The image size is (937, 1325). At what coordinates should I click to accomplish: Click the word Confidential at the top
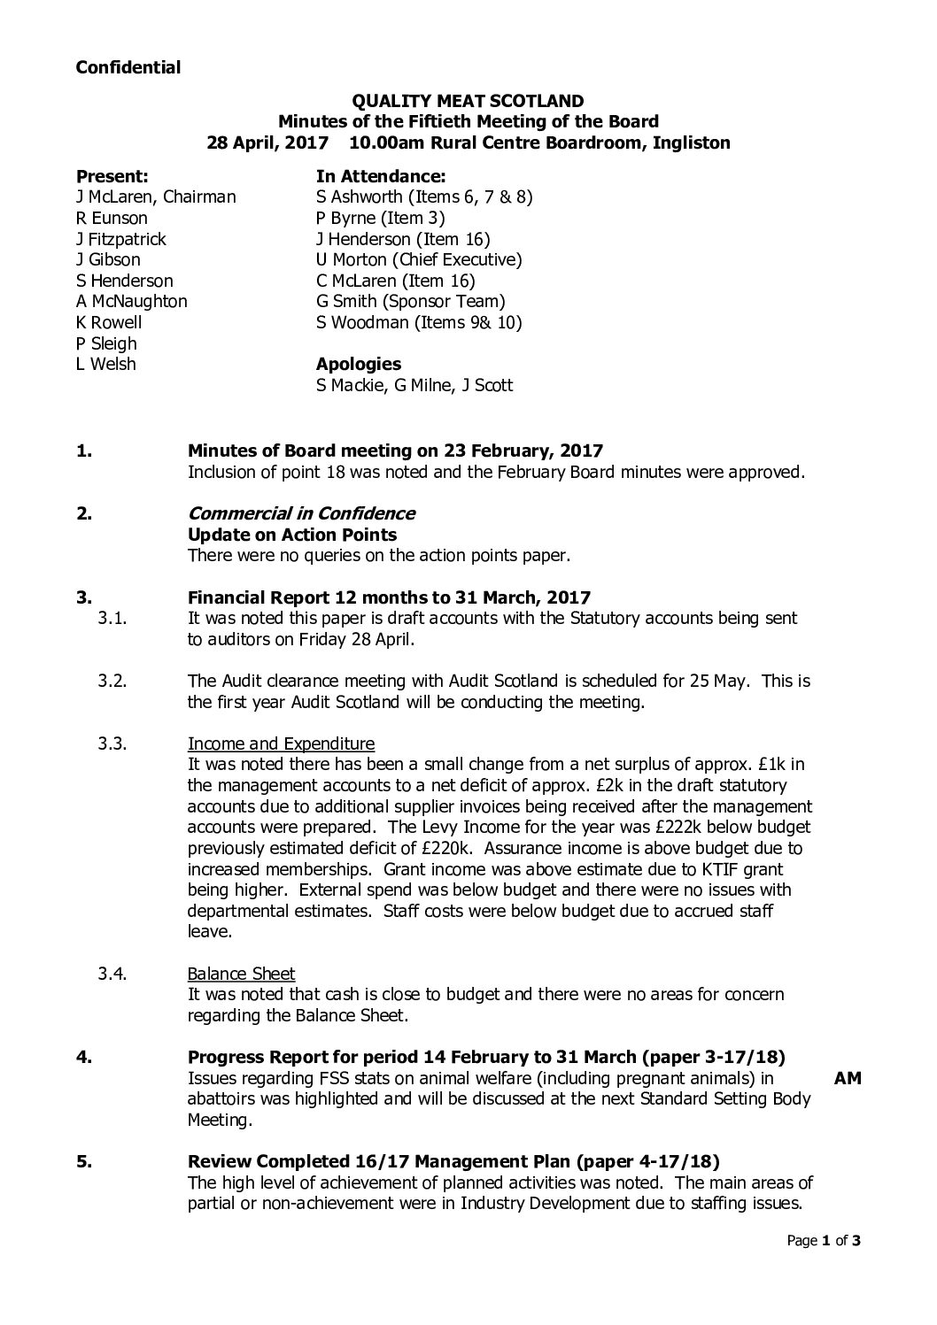click(128, 67)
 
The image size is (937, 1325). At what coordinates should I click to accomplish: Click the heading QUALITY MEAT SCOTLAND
click(468, 102)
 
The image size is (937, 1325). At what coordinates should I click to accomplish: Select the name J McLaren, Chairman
click(156, 196)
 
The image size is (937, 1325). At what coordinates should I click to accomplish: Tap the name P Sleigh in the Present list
click(106, 343)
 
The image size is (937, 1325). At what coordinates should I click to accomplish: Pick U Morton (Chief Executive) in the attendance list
click(419, 259)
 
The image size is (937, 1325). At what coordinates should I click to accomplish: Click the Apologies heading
click(358, 364)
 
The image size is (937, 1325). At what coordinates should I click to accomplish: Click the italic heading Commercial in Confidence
click(301, 513)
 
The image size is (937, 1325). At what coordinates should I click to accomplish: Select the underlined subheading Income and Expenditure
click(281, 743)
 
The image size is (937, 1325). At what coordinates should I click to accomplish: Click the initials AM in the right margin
click(848, 1078)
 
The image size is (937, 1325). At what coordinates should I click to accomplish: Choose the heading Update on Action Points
click(292, 535)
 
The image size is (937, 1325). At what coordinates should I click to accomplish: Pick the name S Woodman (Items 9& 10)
click(419, 323)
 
